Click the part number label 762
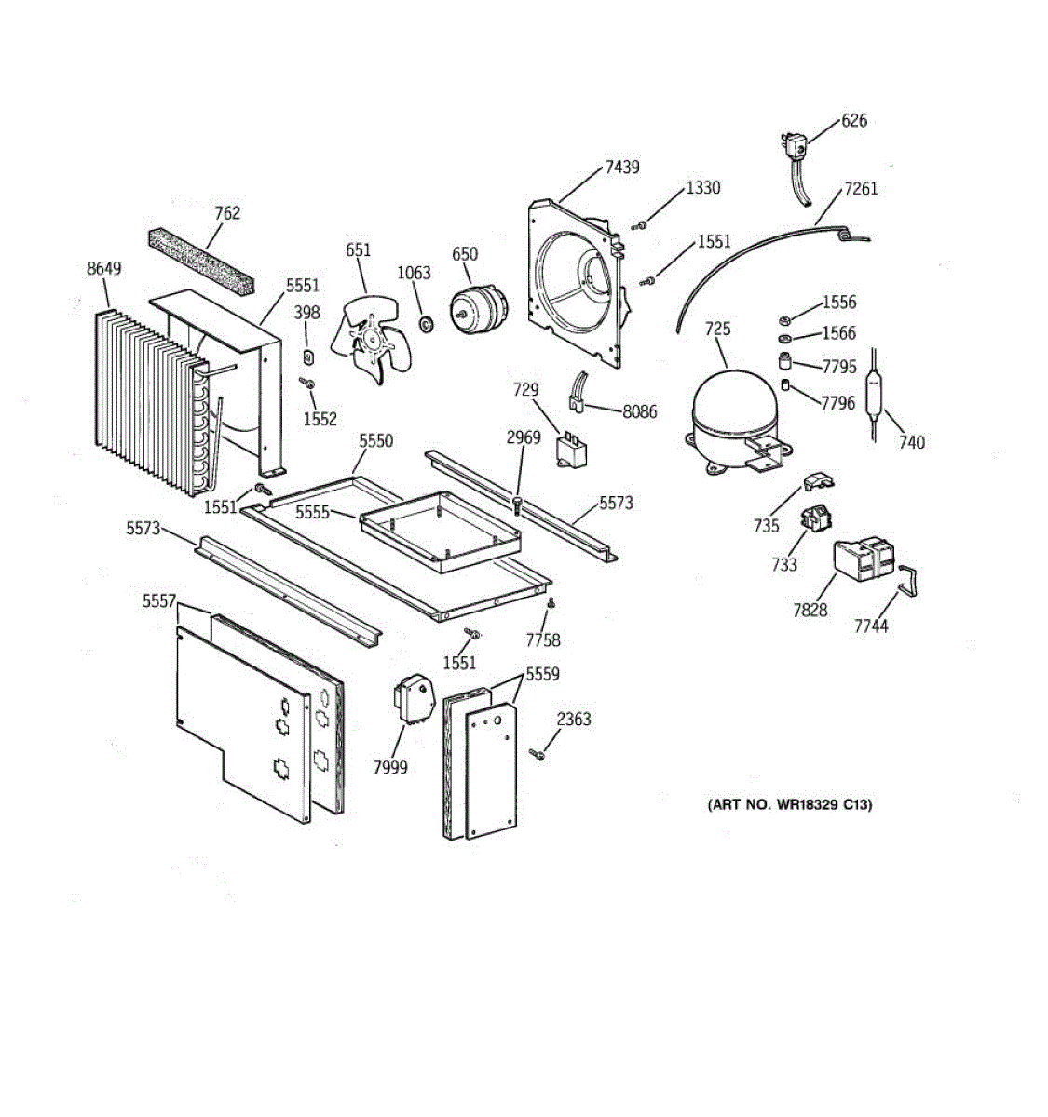point(227,212)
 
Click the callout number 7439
point(622,168)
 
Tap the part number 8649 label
point(103,269)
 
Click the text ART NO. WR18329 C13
point(789,804)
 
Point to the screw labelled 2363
point(538,754)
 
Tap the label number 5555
point(313,512)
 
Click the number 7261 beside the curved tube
point(861,189)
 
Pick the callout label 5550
point(376,441)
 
